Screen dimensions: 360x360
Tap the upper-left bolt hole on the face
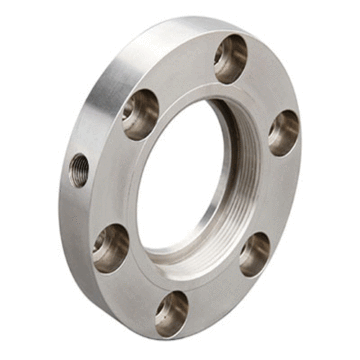pyautogui.click(x=141, y=113)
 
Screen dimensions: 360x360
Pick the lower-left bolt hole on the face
pyautogui.click(x=110, y=246)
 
